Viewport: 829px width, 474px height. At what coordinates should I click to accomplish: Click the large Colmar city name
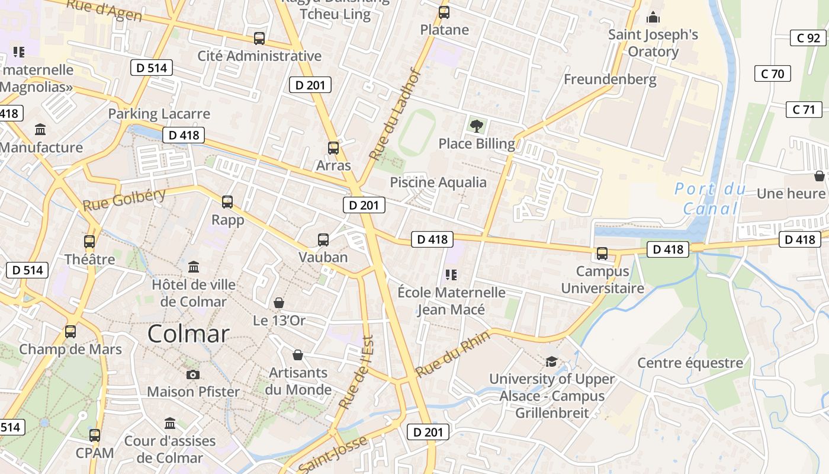pyautogui.click(x=188, y=334)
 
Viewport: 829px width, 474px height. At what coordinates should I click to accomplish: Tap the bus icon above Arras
pyautogui.click(x=333, y=148)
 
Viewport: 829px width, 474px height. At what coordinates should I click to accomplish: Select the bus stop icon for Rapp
pyautogui.click(x=227, y=202)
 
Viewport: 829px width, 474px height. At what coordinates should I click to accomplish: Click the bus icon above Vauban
pyautogui.click(x=323, y=240)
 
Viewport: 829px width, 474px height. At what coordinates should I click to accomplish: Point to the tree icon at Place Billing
pyautogui.click(x=476, y=126)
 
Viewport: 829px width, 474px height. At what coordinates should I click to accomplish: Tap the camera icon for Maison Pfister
pyautogui.click(x=193, y=374)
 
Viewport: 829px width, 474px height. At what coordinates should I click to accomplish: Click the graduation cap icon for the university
pyautogui.click(x=551, y=361)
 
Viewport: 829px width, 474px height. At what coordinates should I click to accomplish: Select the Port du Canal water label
pyautogui.click(x=710, y=198)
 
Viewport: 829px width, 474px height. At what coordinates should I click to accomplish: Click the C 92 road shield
pyautogui.click(x=808, y=38)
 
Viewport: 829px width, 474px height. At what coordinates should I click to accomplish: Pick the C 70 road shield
pyautogui.click(x=772, y=73)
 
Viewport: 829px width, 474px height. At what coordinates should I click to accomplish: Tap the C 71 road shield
pyautogui.click(x=804, y=109)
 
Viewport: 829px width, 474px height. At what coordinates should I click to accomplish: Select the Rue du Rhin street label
pyautogui.click(x=453, y=354)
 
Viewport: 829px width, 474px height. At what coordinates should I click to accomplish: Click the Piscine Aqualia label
pyautogui.click(x=438, y=182)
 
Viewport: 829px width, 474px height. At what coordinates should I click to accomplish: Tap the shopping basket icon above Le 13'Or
pyautogui.click(x=279, y=303)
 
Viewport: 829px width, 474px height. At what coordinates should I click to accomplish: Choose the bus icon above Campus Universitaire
pyautogui.click(x=602, y=254)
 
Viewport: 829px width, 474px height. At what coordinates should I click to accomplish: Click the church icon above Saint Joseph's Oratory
pyautogui.click(x=653, y=17)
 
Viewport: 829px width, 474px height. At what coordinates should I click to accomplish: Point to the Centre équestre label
pyautogui.click(x=690, y=363)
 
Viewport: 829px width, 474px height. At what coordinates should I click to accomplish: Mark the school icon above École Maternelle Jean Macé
pyautogui.click(x=451, y=275)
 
